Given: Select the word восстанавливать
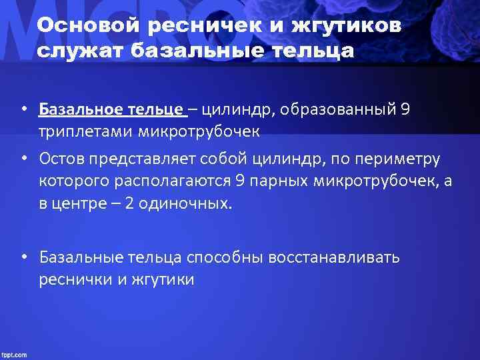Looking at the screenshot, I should (334, 257).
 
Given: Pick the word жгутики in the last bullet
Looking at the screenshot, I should (162, 279).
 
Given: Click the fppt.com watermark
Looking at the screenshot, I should (15, 354).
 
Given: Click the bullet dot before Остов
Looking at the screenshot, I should (23, 159).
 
